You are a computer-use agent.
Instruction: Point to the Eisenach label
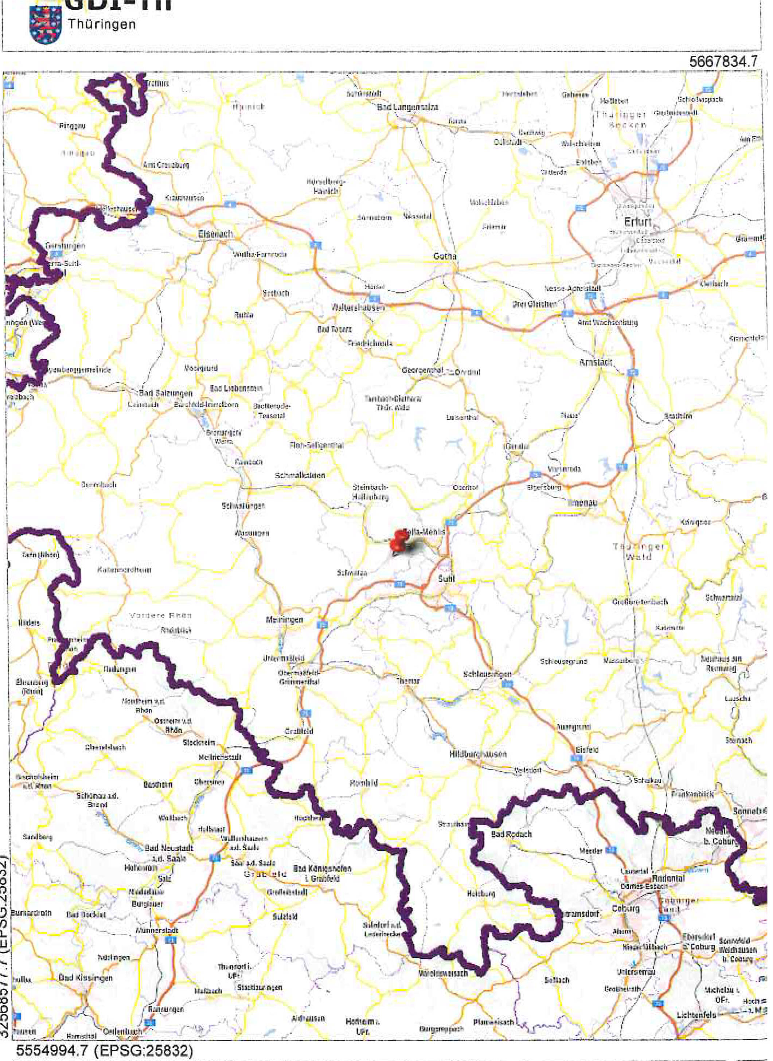point(215,234)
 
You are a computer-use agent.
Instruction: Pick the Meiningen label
point(284,620)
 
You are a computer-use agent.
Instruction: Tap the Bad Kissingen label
point(86,978)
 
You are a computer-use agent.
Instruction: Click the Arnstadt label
point(595,362)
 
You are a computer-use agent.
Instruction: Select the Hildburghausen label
point(478,754)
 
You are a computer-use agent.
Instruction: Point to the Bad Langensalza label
point(407,107)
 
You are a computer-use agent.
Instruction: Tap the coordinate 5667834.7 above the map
point(723,62)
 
